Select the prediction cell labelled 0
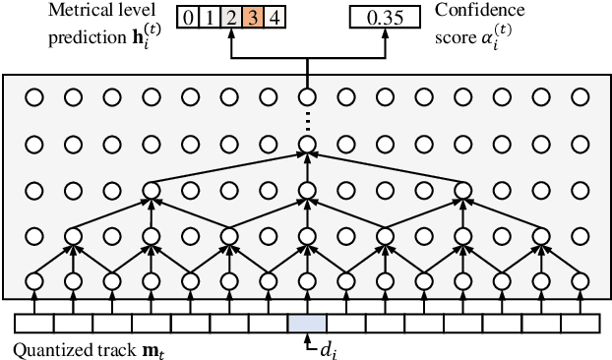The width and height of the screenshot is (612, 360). point(187,17)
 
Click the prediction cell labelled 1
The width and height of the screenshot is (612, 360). point(208,17)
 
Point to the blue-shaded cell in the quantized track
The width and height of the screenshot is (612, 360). point(307,323)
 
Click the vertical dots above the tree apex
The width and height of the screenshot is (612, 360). point(307,121)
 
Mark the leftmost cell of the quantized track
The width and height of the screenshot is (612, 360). point(33,323)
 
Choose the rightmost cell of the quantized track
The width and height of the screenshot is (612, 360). point(580,323)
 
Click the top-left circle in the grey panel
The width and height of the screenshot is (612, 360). point(33,97)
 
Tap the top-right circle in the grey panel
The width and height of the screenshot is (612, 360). point(580,97)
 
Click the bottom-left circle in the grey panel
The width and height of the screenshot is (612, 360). point(33,281)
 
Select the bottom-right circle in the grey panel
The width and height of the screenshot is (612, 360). point(580,281)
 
